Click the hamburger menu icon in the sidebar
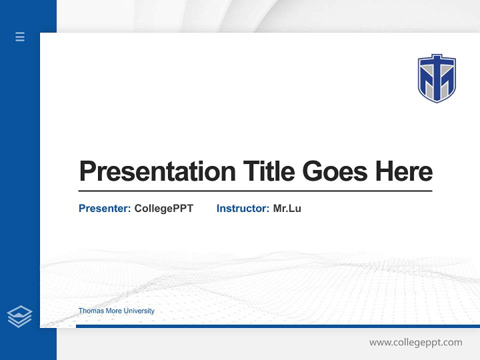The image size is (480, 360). (x=20, y=36)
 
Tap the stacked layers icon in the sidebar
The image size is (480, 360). (x=19, y=316)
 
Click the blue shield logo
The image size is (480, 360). (x=436, y=78)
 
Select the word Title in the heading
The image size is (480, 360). (x=268, y=171)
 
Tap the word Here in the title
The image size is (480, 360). (x=404, y=171)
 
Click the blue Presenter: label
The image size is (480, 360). (x=104, y=208)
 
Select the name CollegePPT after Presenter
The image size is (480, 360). (x=163, y=208)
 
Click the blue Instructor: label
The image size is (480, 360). (x=242, y=208)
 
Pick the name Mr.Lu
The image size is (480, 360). (x=287, y=208)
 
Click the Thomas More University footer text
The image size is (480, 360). (x=116, y=311)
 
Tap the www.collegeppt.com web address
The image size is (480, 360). (x=415, y=342)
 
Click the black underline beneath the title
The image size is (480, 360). (x=255, y=191)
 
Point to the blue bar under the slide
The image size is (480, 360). (x=277, y=326)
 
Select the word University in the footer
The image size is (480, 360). (x=139, y=311)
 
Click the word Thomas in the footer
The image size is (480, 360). (x=89, y=311)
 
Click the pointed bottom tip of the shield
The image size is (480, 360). (x=437, y=101)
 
